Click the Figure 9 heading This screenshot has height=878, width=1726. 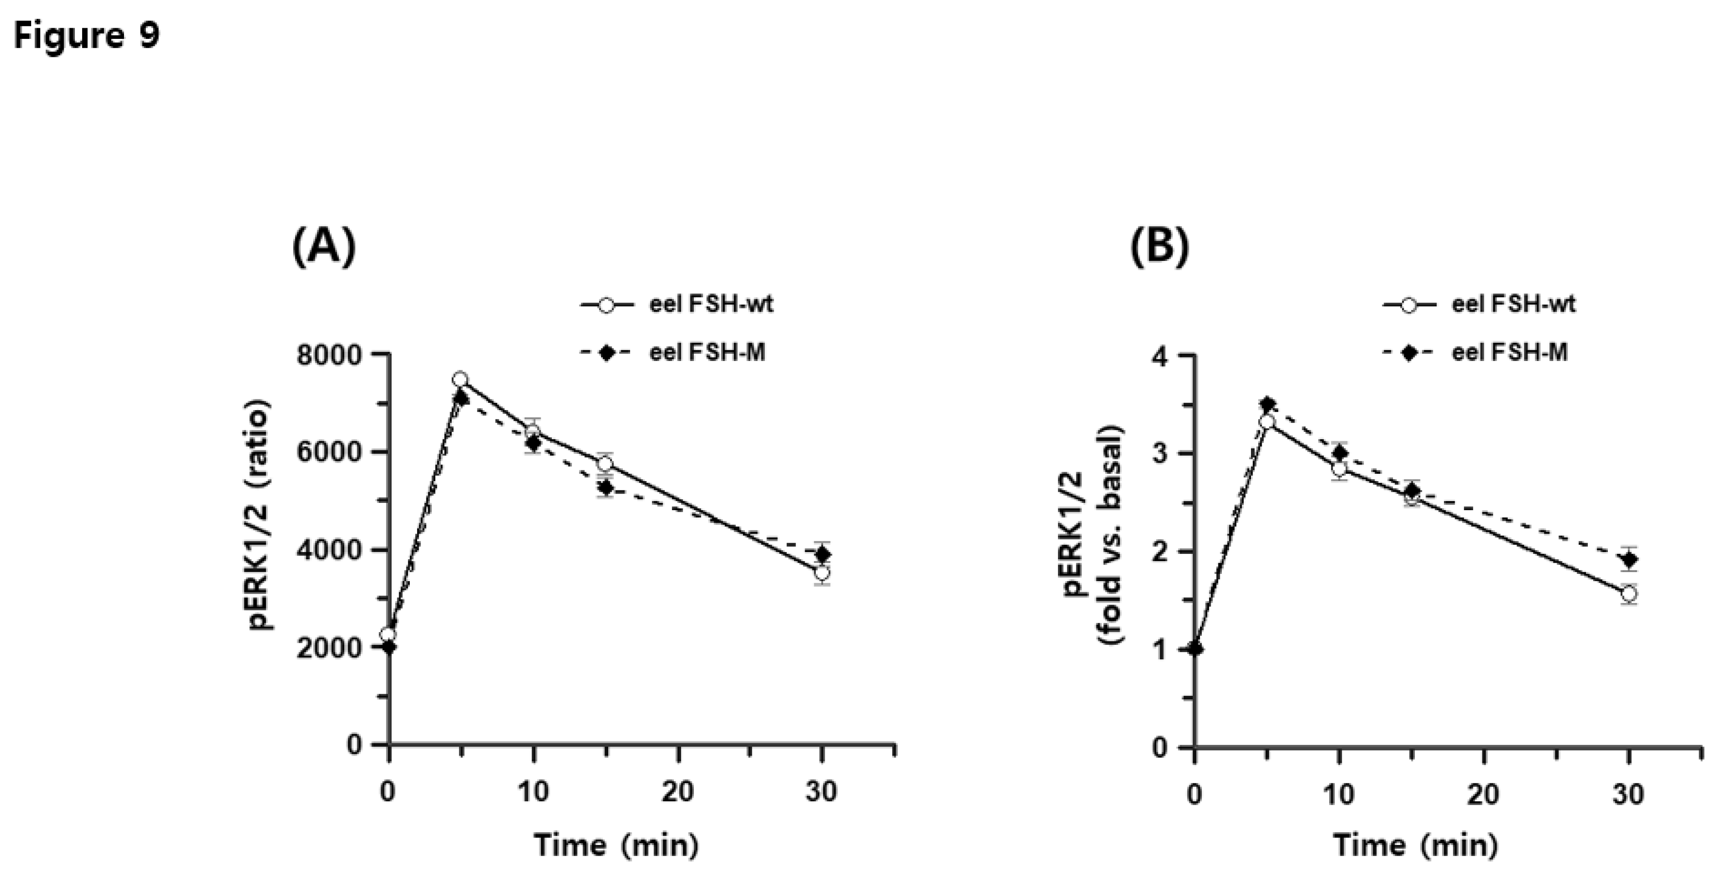[x=87, y=35]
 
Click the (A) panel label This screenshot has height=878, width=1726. [x=324, y=246]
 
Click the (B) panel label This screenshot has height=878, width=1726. [x=1160, y=246]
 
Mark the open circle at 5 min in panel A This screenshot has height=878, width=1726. [x=459, y=379]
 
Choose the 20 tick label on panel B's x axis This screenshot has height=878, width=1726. [x=1483, y=794]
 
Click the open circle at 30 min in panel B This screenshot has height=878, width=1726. [x=1629, y=593]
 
